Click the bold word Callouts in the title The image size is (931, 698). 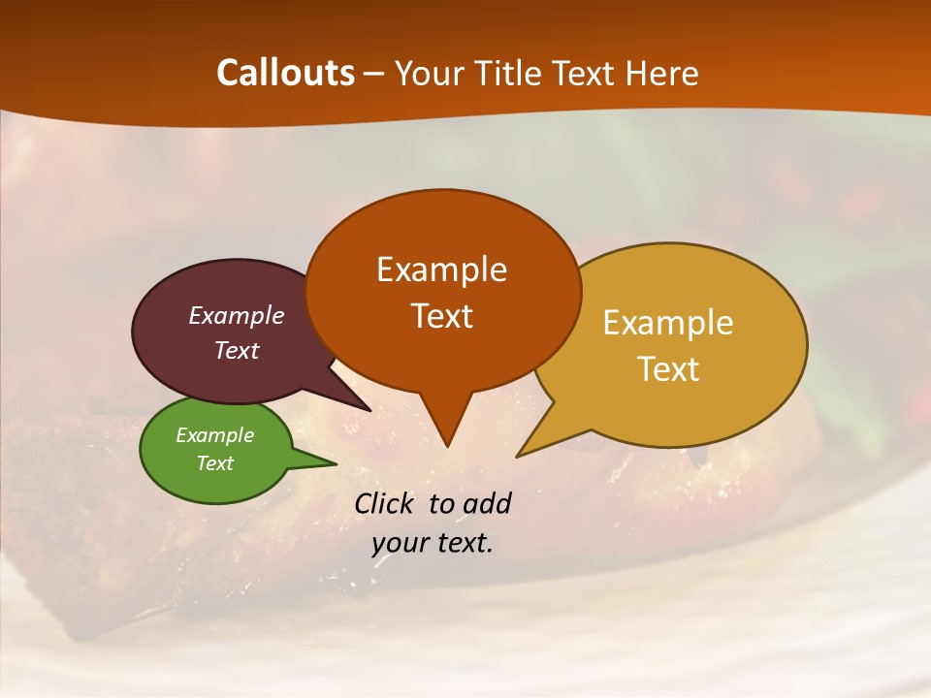[x=285, y=73]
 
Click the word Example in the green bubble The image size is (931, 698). [x=214, y=435]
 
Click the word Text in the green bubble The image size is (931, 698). [x=214, y=463]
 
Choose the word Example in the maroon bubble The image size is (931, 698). [x=236, y=316]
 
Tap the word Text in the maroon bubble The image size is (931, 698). [x=236, y=350]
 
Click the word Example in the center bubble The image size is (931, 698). [x=441, y=270]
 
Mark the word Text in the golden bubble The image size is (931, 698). [x=668, y=369]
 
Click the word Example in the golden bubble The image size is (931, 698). [x=668, y=323]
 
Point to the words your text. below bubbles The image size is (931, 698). [x=433, y=543]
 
